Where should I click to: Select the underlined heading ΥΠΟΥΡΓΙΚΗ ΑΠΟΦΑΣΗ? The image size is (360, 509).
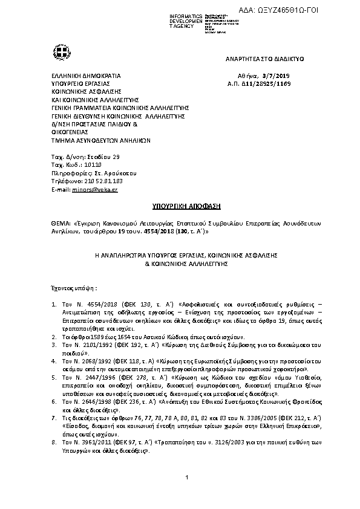pyautogui.click(x=180, y=206)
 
